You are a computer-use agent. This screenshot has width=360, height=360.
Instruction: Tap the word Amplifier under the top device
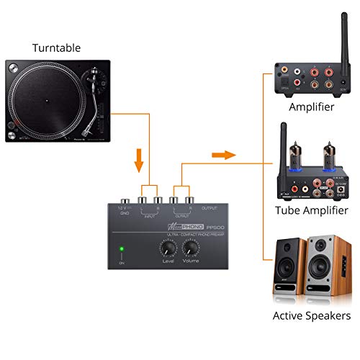coord(312,107)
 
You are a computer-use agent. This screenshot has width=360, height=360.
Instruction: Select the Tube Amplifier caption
coord(312,210)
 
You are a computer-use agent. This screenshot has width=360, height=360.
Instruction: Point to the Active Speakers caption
coord(312,315)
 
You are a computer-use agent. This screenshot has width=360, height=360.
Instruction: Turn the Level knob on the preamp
coord(168,248)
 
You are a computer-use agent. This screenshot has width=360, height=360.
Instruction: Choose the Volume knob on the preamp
coord(191,248)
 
